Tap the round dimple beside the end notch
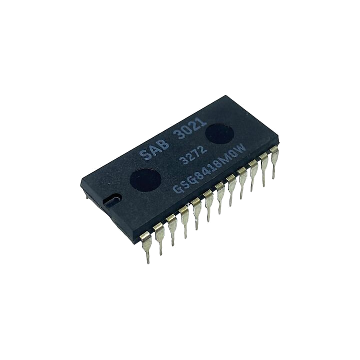pos(145,179)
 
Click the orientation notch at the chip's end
pos(112,199)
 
